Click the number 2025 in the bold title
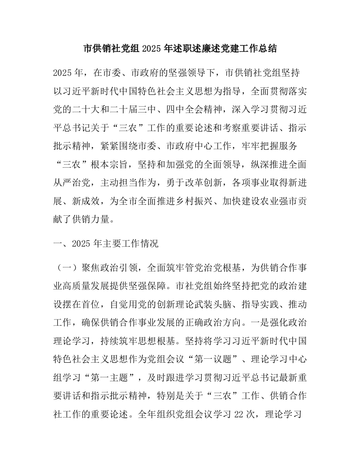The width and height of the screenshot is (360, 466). (x=153, y=49)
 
